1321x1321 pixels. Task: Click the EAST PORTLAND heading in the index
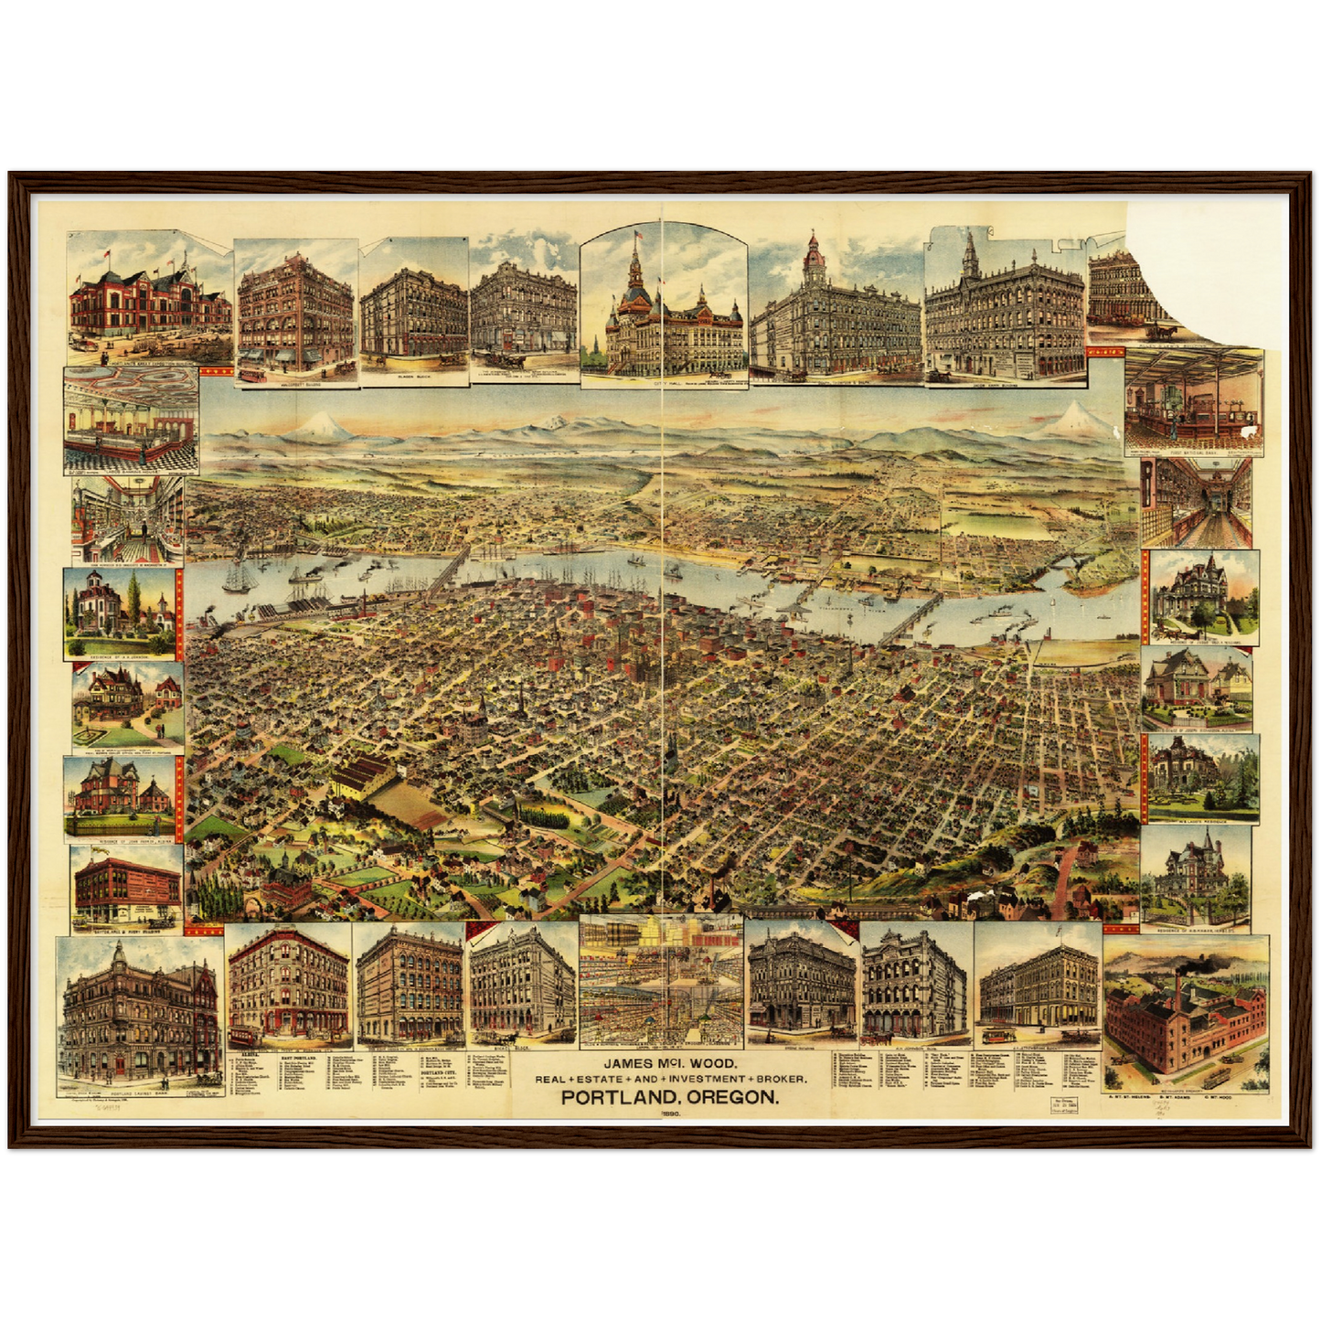pos(305,1057)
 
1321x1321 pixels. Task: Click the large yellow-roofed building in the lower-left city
pos(365,778)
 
